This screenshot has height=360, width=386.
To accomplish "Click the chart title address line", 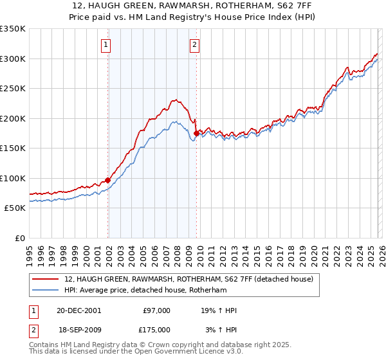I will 193,6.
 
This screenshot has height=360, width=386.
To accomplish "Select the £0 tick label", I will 20,238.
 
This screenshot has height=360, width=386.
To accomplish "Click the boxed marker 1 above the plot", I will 106,45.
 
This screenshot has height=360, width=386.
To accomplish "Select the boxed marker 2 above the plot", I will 194,45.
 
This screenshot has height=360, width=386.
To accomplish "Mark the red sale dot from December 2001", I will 108,181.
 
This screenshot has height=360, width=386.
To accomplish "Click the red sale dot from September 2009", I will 196,134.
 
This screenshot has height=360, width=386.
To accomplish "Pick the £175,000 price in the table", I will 156,329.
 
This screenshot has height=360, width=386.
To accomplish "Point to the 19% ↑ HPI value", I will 219,310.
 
